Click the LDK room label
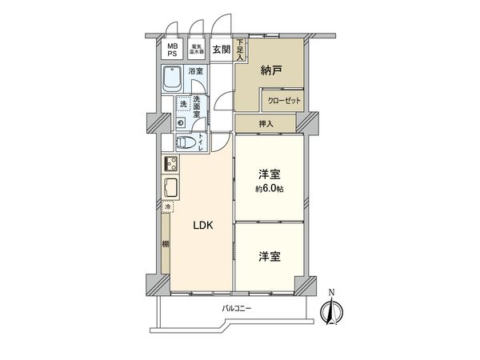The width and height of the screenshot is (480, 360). click(x=202, y=226)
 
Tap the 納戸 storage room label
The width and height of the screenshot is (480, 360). click(x=271, y=70)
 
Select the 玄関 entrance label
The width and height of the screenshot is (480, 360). click(x=221, y=50)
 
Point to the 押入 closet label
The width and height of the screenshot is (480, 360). click(x=266, y=124)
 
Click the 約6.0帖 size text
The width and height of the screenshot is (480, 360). click(x=270, y=189)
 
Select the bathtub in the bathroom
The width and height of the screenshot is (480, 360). click(x=172, y=80)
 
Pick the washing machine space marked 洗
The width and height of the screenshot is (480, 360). click(x=183, y=105)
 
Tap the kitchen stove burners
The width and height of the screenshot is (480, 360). click(x=171, y=165)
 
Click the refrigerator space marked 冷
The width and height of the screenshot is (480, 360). click(x=167, y=208)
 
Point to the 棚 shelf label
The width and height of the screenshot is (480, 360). click(x=165, y=244)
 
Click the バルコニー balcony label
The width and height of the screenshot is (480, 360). click(x=237, y=310)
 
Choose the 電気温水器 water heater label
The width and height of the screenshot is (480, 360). click(x=195, y=50)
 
